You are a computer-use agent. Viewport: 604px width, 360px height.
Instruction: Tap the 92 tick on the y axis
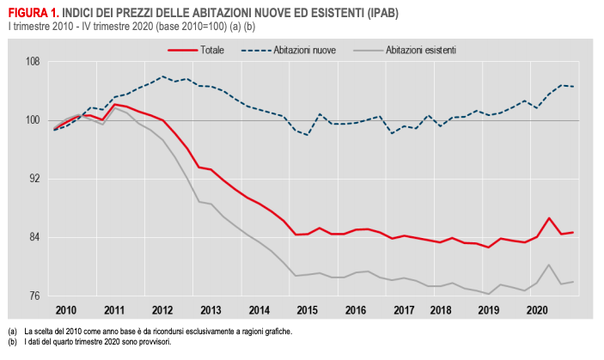(x=34, y=179)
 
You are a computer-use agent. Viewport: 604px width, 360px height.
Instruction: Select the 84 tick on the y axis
(x=34, y=237)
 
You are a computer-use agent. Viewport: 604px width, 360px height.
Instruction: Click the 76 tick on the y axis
(x=34, y=296)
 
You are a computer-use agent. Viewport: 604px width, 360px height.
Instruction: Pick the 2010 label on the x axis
(x=66, y=308)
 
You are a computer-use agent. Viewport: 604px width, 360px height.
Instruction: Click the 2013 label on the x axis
(x=210, y=308)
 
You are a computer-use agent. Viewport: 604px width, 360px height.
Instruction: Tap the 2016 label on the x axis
(x=357, y=308)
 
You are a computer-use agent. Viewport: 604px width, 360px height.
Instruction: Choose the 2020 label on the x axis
(x=537, y=308)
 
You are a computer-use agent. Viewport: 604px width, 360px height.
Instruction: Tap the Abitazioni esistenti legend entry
(x=421, y=50)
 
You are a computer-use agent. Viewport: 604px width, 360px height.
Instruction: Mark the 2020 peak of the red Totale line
(x=549, y=218)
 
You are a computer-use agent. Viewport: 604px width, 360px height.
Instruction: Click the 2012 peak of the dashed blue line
(x=163, y=76)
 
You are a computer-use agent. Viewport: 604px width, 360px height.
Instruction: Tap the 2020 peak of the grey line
(x=549, y=265)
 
